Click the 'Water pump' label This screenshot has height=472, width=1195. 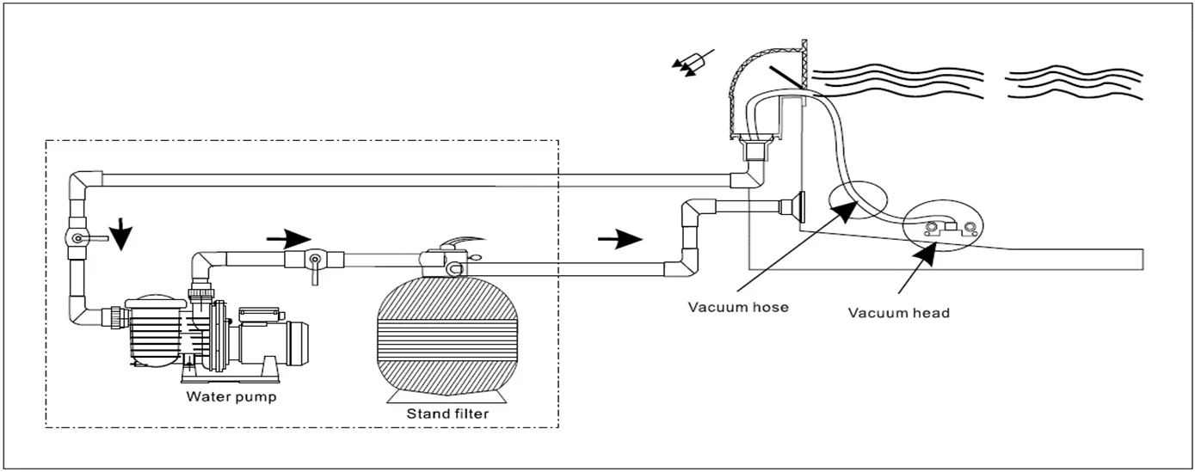point(231,397)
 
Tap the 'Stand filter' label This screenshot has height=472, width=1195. point(447,414)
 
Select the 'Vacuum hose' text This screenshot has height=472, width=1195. point(738,307)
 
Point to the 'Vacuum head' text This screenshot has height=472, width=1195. point(899,313)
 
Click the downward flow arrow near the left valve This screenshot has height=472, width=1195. point(121,234)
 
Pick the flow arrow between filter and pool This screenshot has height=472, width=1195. point(620,239)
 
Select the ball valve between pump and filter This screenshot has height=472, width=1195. point(314,261)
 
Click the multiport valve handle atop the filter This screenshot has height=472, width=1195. point(461,242)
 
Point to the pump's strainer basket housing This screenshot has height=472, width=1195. point(155,332)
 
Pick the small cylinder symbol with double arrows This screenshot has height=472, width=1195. point(693,64)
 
